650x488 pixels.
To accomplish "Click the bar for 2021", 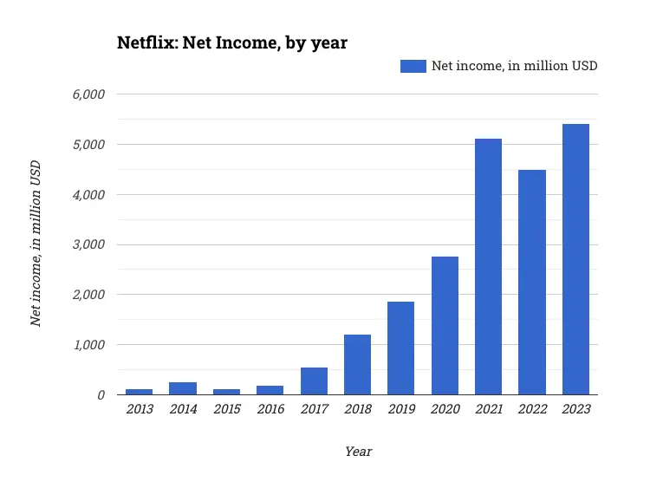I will pyautogui.click(x=488, y=266).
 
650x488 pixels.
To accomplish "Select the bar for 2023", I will pyautogui.click(x=575, y=259).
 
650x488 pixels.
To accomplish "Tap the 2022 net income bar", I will pyautogui.click(x=532, y=282).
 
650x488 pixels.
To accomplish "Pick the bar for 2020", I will pyautogui.click(x=445, y=325).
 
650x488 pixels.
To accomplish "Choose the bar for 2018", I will pyautogui.click(x=357, y=364).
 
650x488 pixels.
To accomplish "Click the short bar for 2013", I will pyautogui.click(x=139, y=392).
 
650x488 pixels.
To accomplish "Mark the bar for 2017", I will pyautogui.click(x=314, y=381).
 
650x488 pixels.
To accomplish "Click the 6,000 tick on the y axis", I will pyautogui.click(x=88, y=94).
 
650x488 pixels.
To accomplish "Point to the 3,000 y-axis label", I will pyautogui.click(x=88, y=244).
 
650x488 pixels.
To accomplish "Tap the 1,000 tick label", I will pyautogui.click(x=88, y=345).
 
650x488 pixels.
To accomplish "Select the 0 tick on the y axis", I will pyautogui.click(x=101, y=395).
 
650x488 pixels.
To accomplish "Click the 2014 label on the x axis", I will pyautogui.click(x=182, y=410).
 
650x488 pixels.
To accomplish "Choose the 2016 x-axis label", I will pyautogui.click(x=270, y=410).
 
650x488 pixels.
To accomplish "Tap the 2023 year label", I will pyautogui.click(x=575, y=410).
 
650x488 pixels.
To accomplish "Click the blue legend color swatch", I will pyautogui.click(x=413, y=66).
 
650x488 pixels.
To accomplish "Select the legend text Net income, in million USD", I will pyautogui.click(x=515, y=66).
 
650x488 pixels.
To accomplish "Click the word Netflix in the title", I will pyautogui.click(x=146, y=42).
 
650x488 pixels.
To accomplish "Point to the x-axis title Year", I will pyautogui.click(x=358, y=452).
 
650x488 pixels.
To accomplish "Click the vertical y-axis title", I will pyautogui.click(x=36, y=244).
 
